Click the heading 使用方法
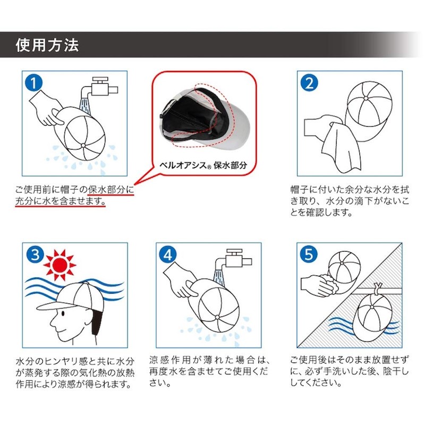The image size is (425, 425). coord(47,45)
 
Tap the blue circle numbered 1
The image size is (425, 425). coord(35,83)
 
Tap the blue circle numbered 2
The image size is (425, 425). coord(310,83)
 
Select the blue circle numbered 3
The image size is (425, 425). coord(35,256)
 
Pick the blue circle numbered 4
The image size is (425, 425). coord(169,256)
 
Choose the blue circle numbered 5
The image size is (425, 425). coord(310,256)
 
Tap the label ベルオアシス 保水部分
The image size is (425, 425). coord(204,164)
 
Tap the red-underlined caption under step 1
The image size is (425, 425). coord(74,195)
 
